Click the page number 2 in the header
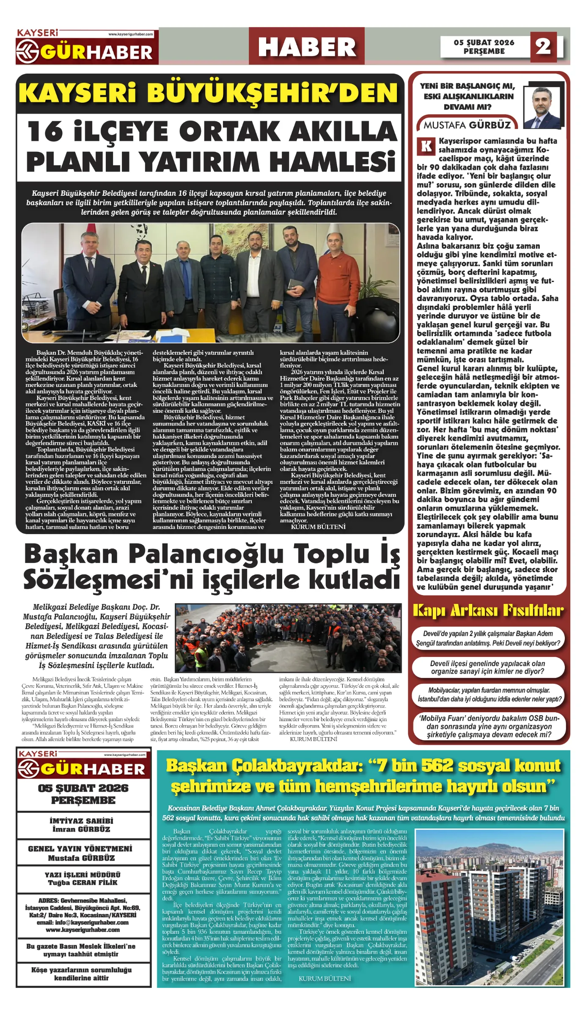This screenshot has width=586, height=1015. pyautogui.click(x=543, y=47)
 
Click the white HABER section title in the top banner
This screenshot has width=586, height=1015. pyautogui.click(x=307, y=47)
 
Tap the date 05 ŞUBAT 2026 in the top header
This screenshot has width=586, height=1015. pyautogui.click(x=484, y=42)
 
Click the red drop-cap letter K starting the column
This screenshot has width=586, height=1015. pyautogui.click(x=426, y=146)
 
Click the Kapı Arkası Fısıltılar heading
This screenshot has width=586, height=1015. pyautogui.click(x=488, y=610)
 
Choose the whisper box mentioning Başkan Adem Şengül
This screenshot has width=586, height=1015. pyautogui.click(x=488, y=639)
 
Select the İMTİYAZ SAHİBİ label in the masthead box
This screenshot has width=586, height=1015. pyautogui.click(x=81, y=820)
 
